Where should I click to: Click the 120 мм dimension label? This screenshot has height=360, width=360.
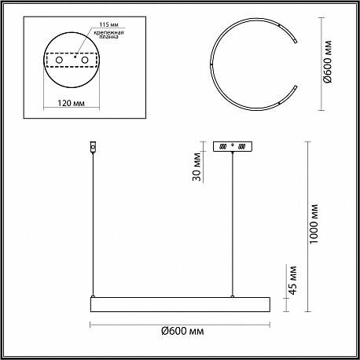[x=71, y=103]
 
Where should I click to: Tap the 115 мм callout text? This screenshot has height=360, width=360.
[x=109, y=24]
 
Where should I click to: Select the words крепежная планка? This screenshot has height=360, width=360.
[x=108, y=35]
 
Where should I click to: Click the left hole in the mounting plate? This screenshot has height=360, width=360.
[x=59, y=60]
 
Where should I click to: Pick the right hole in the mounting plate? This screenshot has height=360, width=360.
[x=85, y=60]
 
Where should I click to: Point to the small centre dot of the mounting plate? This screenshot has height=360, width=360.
[x=75, y=57]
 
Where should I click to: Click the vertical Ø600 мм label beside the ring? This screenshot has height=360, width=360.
[x=328, y=62]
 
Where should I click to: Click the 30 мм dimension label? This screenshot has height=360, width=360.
[x=197, y=167]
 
